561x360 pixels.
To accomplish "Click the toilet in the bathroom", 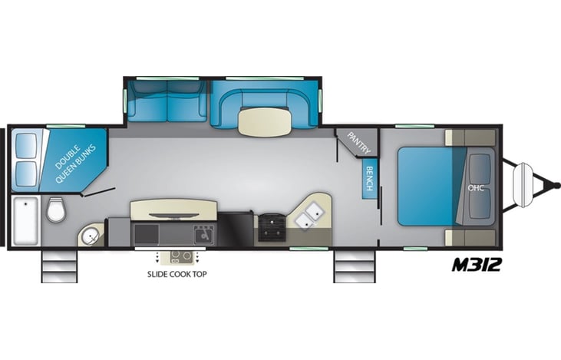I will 56,210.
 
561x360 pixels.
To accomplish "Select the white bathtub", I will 25,220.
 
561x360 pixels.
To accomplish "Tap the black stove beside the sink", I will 270,226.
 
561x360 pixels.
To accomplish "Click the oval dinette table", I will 265,121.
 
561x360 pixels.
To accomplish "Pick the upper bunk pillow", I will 25,145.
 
